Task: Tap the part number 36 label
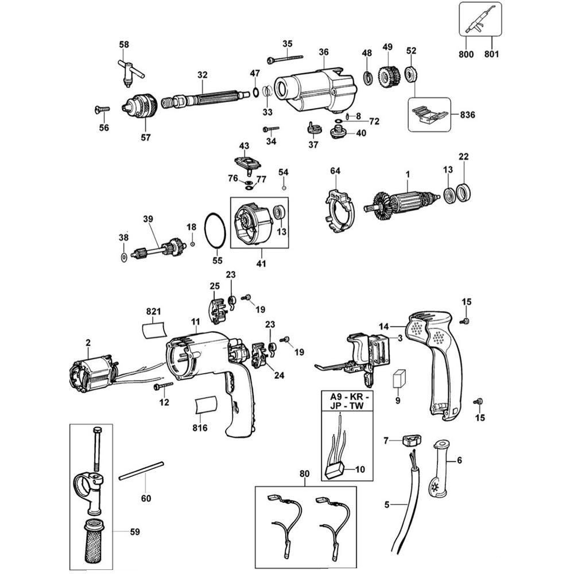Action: point(324,52)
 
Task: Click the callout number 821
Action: point(153,311)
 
